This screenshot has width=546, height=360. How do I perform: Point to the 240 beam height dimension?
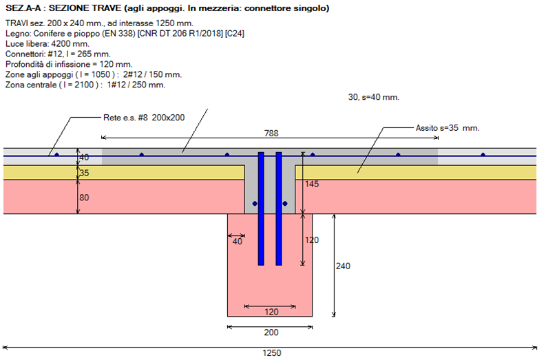pos(342,266)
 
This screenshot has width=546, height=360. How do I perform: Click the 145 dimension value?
pos(311,184)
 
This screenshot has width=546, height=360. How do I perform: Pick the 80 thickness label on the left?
pos(84,198)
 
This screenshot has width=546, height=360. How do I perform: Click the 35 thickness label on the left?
pos(84,173)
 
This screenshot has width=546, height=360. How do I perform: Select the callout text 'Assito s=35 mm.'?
pos(448,128)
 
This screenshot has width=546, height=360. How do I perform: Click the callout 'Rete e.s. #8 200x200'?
pos(143,117)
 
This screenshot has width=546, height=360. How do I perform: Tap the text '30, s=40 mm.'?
pos(374,98)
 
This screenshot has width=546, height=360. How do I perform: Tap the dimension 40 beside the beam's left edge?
pos(238,242)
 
